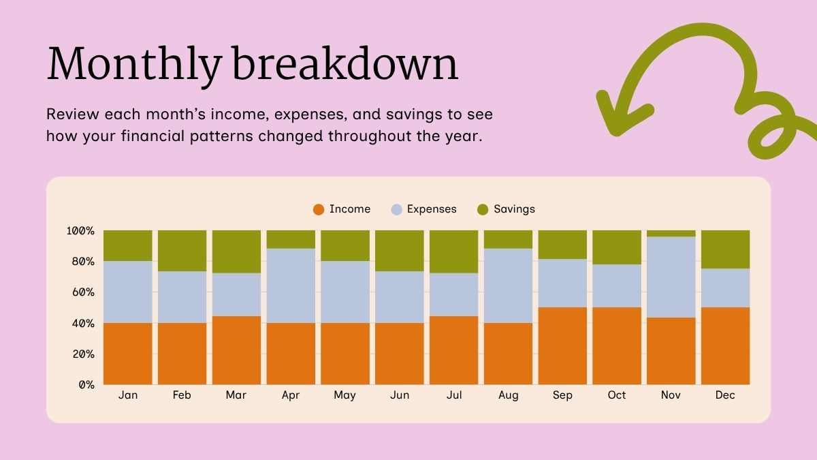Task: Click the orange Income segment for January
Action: pyautogui.click(x=127, y=353)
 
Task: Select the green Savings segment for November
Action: pyautogui.click(x=671, y=234)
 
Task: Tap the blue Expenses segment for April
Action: pyautogui.click(x=291, y=286)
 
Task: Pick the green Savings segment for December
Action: pyautogui.click(x=725, y=249)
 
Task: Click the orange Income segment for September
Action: pyautogui.click(x=562, y=346)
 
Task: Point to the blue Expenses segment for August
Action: pyautogui.click(x=508, y=286)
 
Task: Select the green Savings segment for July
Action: pyautogui.click(x=453, y=251)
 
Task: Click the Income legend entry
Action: pyautogui.click(x=342, y=209)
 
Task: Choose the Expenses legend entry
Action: pyautogui.click(x=423, y=209)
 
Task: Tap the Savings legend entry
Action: pyautogui.click(x=506, y=209)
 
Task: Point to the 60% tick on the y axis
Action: pyautogui.click(x=80, y=292)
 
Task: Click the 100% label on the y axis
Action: pyautogui.click(x=80, y=231)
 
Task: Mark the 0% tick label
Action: pyautogui.click(x=85, y=385)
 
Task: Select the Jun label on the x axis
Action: pyautogui.click(x=399, y=395)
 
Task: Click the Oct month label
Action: pyautogui.click(x=616, y=395)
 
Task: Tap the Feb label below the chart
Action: pyautogui.click(x=182, y=395)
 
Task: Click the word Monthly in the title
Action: pyautogui.click(x=134, y=65)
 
